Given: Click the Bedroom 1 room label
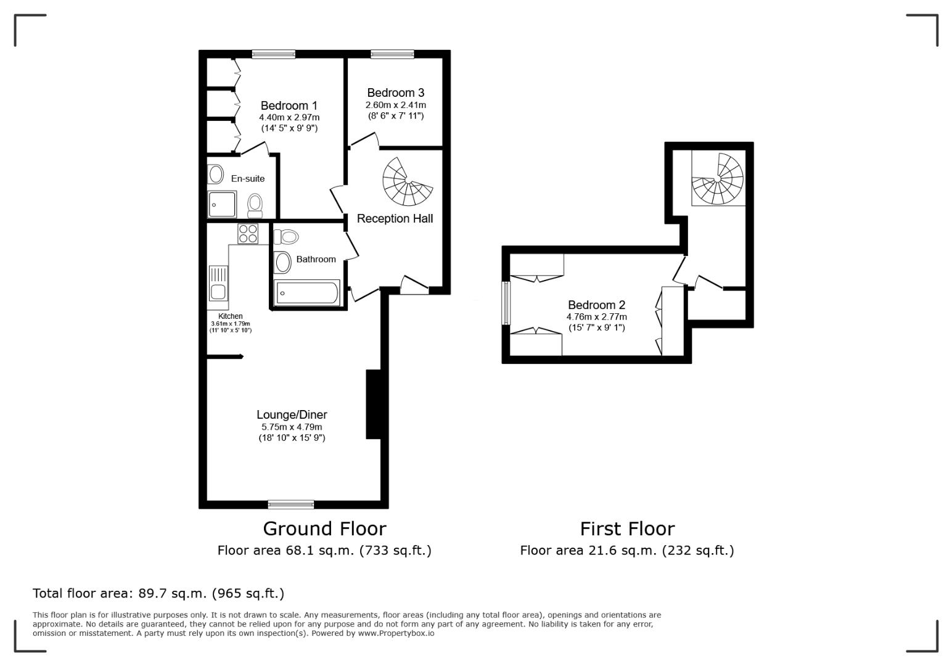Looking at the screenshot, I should pos(289,105).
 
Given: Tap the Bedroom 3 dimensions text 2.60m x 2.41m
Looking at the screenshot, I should pos(395,105).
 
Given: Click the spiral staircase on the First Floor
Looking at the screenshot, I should pos(718,179).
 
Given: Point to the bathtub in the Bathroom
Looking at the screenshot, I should pos(306,293).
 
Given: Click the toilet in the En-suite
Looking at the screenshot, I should pos(255,205).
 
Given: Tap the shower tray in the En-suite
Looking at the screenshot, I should pos(222,204).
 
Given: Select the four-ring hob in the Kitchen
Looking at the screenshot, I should pos(248,234).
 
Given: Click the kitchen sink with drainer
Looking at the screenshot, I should pos(218,284).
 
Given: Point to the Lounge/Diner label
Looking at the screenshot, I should pos(292,415).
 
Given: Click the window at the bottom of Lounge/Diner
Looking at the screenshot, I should pos(291,504).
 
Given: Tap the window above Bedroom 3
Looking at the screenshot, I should pos(392,54).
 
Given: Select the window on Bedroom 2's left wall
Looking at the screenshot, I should pos(506,303).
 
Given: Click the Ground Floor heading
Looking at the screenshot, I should pos(324,528).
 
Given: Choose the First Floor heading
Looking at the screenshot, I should pos(627,528).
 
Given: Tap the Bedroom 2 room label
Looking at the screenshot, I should pos(596,305).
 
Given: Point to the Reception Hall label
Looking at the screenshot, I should pos(395,218).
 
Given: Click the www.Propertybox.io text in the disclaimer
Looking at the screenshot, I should pos(396,633).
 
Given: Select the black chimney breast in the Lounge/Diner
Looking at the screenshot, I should pos(374,404).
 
